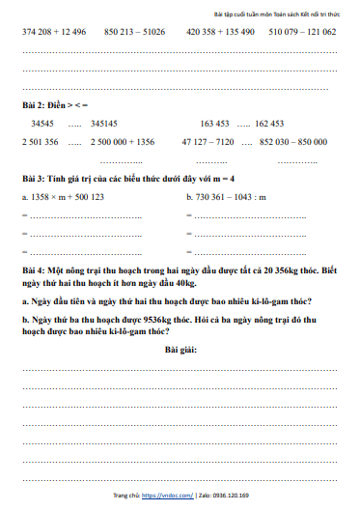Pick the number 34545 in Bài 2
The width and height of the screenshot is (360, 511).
tap(42, 124)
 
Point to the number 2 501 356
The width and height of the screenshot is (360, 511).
tap(41, 142)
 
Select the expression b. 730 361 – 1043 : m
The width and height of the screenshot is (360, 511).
tap(232, 196)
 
